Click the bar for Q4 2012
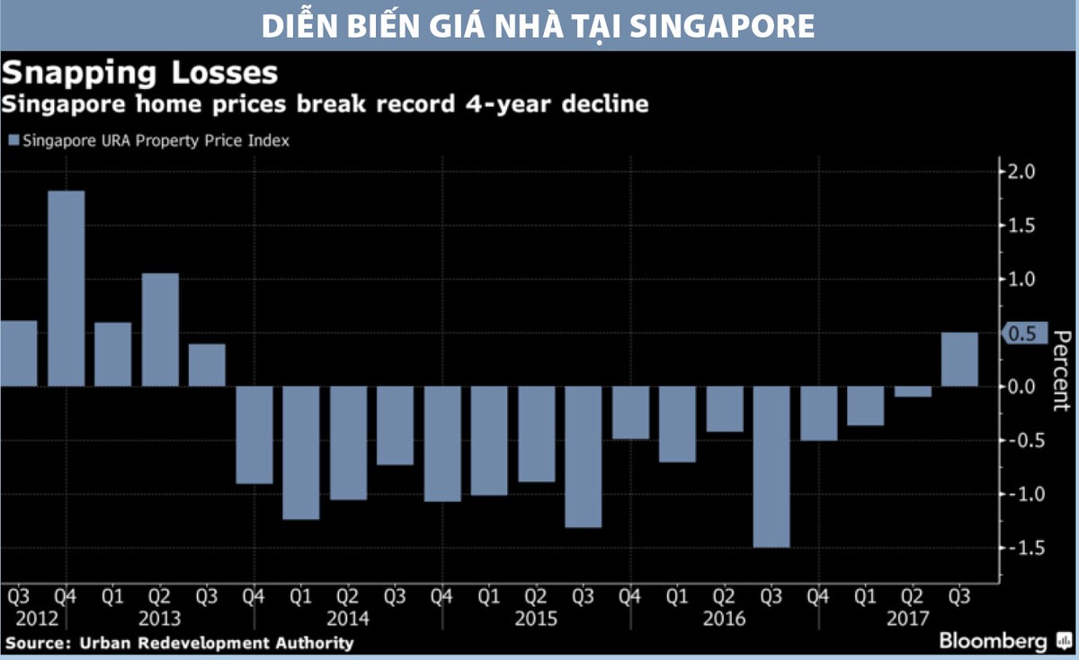(66, 289)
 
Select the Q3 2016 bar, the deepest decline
(771, 467)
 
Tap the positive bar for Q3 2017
(959, 360)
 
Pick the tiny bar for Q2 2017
(913, 391)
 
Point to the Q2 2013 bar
(160, 330)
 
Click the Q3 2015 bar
(583, 457)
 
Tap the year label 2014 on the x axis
(348, 619)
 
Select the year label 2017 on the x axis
(908, 619)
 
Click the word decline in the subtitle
(604, 103)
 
